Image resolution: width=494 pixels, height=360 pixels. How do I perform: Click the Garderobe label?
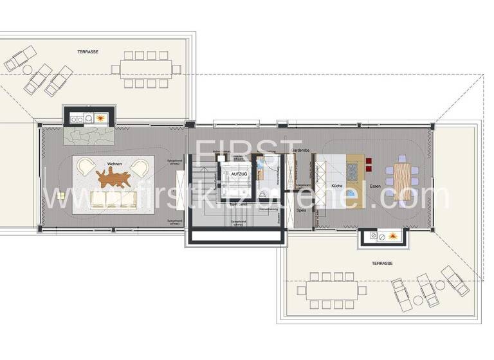(301, 150)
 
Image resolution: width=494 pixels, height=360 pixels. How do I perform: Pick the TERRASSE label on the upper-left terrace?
(88, 51)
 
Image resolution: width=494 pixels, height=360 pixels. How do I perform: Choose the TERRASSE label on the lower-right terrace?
(382, 264)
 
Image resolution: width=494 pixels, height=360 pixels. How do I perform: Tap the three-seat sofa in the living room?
(114, 201)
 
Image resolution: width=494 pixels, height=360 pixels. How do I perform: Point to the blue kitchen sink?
(351, 195)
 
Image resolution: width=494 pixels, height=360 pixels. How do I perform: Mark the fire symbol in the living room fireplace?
(102, 118)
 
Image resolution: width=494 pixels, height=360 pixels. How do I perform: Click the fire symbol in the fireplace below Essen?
(390, 238)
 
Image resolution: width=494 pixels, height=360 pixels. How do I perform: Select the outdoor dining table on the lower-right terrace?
(331, 291)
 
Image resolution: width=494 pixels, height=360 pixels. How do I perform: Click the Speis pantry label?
(301, 210)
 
